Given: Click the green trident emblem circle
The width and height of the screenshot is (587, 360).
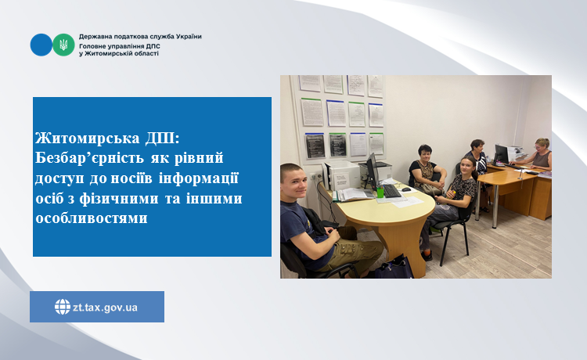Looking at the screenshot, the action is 63,45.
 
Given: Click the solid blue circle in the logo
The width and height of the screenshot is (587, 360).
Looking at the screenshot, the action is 41,45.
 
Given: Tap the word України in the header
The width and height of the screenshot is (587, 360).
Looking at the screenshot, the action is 189,37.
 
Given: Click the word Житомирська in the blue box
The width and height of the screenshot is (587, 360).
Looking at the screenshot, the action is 88,138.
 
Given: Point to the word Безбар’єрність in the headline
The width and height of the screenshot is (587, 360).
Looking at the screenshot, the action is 90,158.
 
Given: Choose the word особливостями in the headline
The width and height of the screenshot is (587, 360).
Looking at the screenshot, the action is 92,218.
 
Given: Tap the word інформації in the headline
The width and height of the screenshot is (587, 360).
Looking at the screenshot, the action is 199,178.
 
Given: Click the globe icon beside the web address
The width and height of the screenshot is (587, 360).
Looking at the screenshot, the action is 63,307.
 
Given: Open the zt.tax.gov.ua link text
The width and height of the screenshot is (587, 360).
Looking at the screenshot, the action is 105,308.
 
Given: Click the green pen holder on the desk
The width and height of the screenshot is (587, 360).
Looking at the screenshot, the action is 380,192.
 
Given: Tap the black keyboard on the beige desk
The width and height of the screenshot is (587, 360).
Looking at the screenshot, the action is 392,191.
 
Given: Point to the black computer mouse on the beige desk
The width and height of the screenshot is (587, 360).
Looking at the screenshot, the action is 406,189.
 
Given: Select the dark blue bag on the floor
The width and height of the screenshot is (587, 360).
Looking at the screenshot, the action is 394,267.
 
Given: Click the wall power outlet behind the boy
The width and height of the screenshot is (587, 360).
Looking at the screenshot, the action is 316,176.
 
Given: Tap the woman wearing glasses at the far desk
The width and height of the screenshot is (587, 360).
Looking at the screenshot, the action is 537,153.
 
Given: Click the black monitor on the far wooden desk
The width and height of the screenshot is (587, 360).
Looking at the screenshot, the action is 501,154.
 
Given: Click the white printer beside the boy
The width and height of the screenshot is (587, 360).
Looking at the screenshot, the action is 341,175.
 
